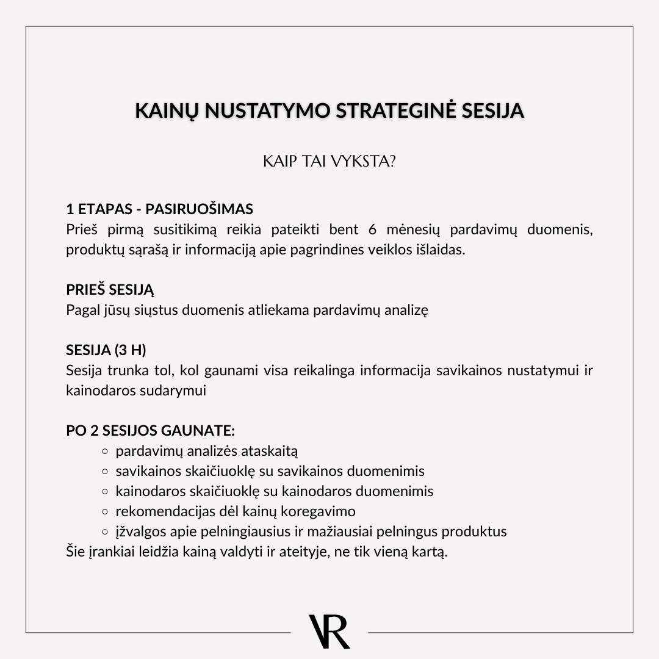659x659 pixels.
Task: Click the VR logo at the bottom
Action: [329, 632]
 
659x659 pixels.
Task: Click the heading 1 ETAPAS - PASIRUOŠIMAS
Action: [159, 209]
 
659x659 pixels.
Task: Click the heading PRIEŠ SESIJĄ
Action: [110, 290]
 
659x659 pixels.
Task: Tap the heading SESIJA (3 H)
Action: [106, 350]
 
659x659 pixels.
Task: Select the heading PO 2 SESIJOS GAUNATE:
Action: [150, 430]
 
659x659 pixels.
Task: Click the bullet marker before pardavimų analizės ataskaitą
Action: [104, 452]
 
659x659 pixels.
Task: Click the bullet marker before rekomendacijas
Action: [104, 511]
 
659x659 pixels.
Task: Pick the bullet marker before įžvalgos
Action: [104, 531]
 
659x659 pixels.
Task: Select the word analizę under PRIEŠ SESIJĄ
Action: [406, 310]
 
